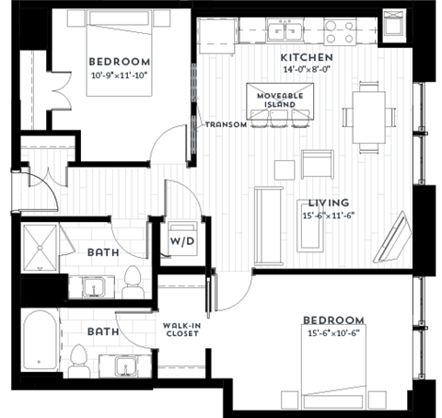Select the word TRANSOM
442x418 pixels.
click(226, 125)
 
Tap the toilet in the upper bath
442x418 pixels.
click(132, 280)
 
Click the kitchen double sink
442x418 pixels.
click(289, 34)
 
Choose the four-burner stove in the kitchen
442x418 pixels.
click(342, 33)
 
